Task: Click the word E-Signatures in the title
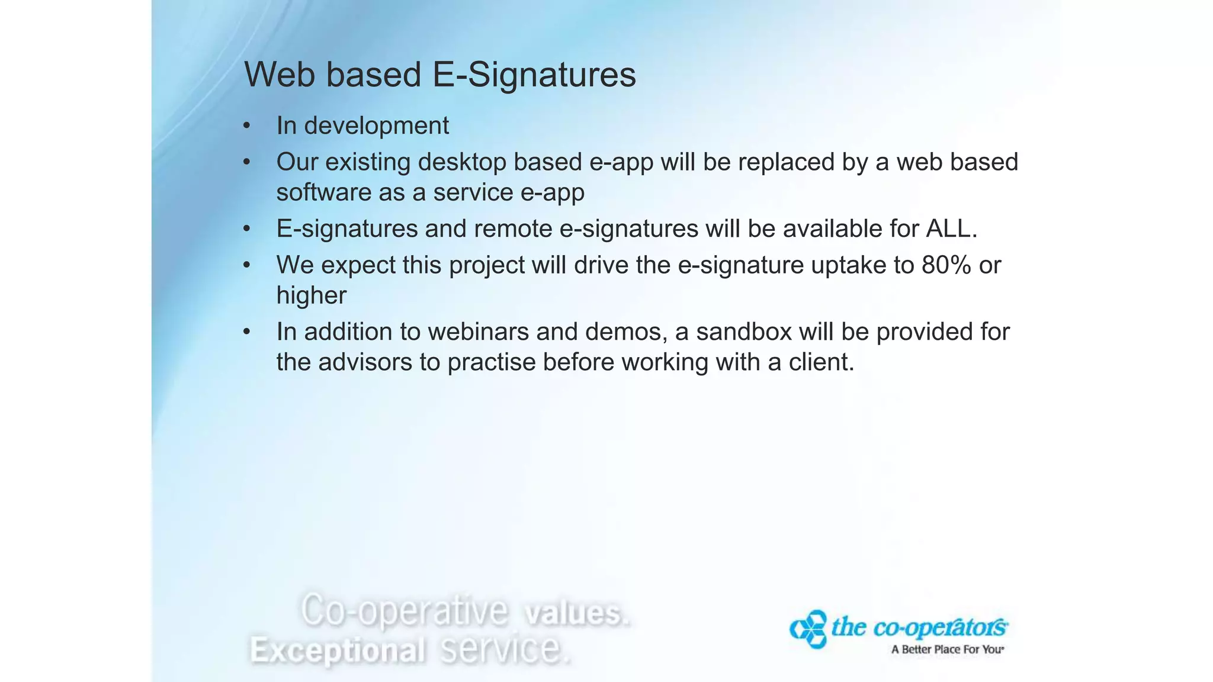click(534, 75)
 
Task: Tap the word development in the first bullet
click(376, 126)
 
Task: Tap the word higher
click(311, 296)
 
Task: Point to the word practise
click(491, 362)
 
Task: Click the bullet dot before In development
click(247, 126)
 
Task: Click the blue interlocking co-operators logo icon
click(808, 629)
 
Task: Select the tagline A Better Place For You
click(947, 649)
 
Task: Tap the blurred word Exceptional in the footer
click(337, 650)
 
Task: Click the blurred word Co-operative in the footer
click(405, 610)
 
